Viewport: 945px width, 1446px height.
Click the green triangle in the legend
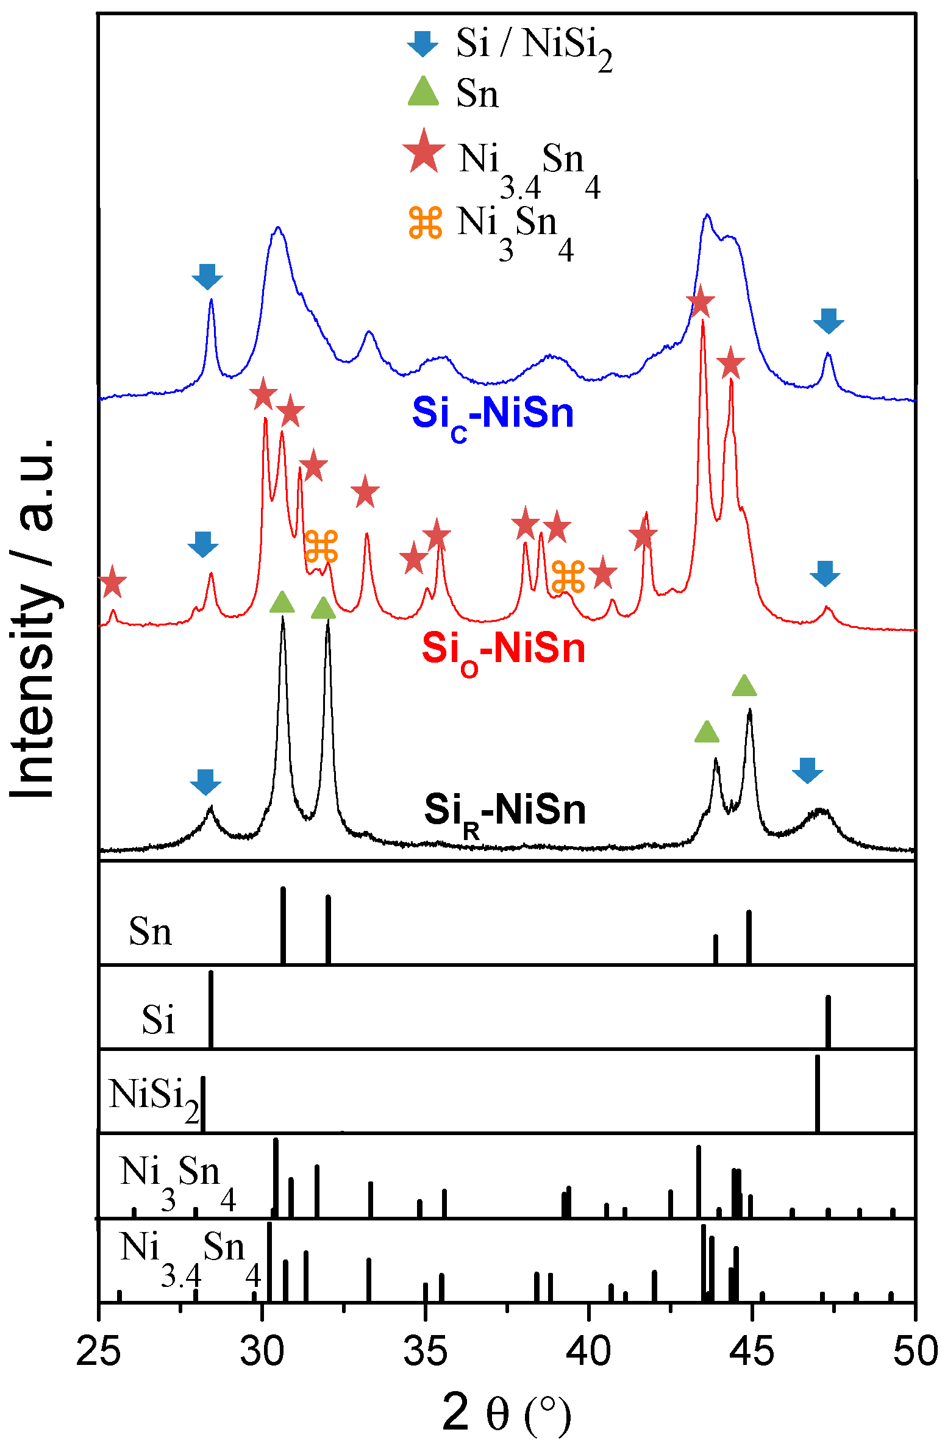pos(423,93)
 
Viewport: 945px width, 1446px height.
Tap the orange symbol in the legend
pos(425,223)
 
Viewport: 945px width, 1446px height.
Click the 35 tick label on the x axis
pos(425,1351)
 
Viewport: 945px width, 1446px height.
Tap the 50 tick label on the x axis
pos(915,1351)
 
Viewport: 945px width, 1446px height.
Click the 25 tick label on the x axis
pos(99,1351)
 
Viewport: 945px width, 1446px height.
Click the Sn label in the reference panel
pos(150,933)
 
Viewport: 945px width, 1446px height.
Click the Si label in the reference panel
pos(158,1019)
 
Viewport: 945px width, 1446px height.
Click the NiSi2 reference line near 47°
pos(817,1092)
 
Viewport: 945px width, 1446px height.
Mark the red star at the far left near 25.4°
pos(112,582)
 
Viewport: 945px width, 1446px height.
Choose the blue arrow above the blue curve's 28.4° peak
pos(207,277)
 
